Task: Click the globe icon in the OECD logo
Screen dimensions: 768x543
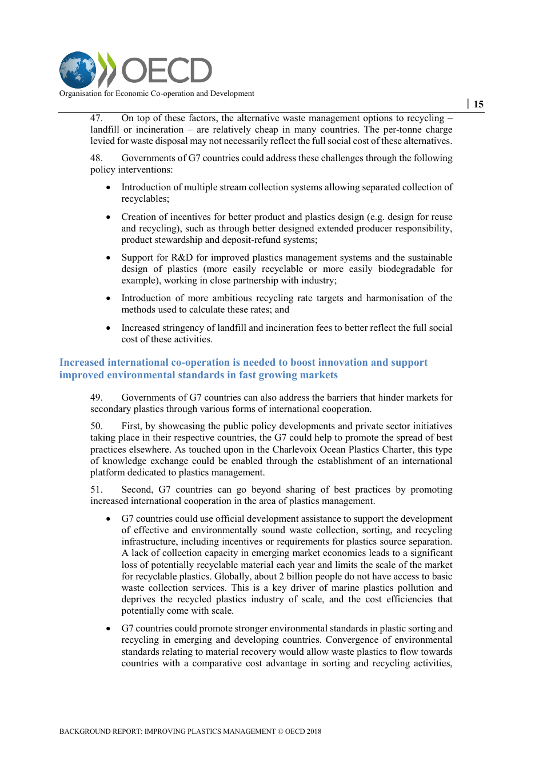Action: (x=78, y=70)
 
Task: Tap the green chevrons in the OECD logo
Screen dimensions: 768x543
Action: (x=107, y=70)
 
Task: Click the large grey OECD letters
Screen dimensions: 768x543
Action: (x=166, y=71)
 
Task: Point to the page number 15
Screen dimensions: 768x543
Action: (x=478, y=104)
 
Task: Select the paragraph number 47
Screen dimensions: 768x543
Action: (x=97, y=118)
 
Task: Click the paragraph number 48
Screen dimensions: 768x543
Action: (x=97, y=158)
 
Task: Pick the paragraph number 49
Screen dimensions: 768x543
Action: (x=97, y=398)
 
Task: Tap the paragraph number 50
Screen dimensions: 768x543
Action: (x=97, y=426)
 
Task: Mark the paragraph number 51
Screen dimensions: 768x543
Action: (x=97, y=490)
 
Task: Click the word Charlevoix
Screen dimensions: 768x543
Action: (x=296, y=449)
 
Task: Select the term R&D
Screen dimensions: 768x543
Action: (x=182, y=258)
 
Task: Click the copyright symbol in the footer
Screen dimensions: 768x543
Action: (x=281, y=731)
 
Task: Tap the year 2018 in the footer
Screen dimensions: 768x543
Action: (x=313, y=731)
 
